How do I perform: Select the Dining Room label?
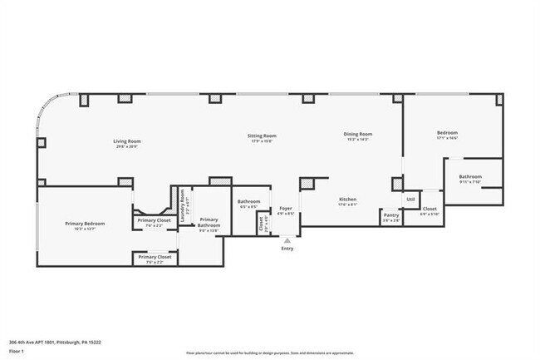358,136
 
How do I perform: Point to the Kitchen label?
347,202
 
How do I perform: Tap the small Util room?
410,200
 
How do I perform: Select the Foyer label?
285,210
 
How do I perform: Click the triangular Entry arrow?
287,240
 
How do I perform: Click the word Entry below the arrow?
287,249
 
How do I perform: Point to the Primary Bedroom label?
85,226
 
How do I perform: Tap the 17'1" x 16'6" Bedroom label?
447,136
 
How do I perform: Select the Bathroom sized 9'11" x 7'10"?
470,179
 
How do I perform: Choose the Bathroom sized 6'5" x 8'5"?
248,205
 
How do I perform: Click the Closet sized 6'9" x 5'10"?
430,211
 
